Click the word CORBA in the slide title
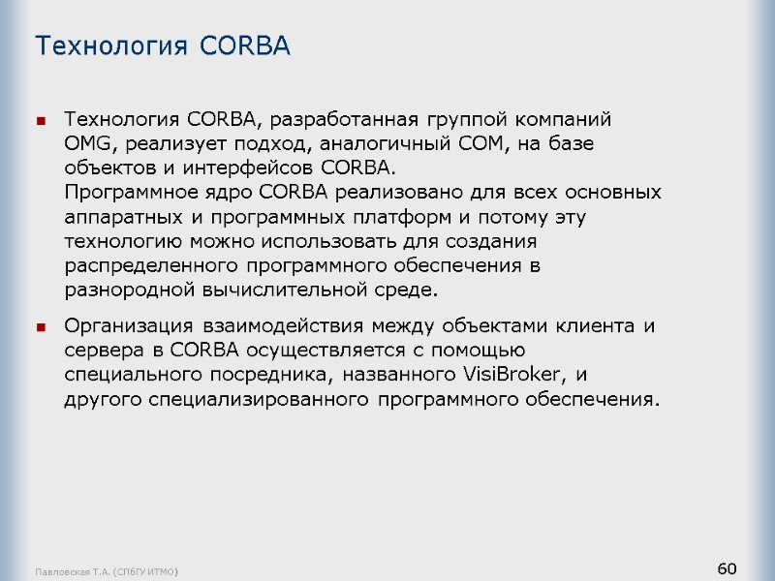click(x=245, y=46)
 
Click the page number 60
click(x=728, y=566)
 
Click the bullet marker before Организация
click(x=41, y=327)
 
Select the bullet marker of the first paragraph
click(x=41, y=121)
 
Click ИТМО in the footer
click(x=165, y=572)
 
